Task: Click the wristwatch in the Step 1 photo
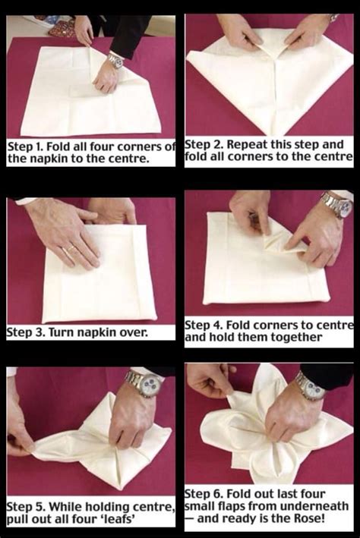[116, 61]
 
